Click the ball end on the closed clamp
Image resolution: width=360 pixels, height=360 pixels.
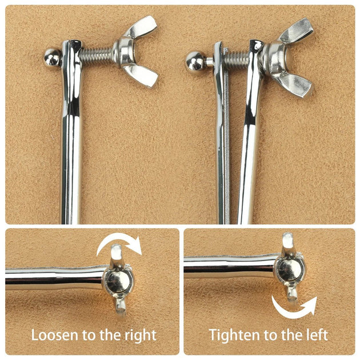click(x=53, y=58)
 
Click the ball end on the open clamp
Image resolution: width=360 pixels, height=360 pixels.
click(x=195, y=61)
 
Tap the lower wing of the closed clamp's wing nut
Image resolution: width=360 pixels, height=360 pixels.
click(x=141, y=75)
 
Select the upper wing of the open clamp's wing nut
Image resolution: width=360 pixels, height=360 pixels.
click(x=297, y=30)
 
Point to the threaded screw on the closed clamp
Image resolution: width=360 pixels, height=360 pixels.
click(x=97, y=56)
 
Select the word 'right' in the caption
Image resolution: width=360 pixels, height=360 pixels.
click(x=141, y=335)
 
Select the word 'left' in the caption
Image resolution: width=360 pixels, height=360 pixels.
click(x=318, y=335)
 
